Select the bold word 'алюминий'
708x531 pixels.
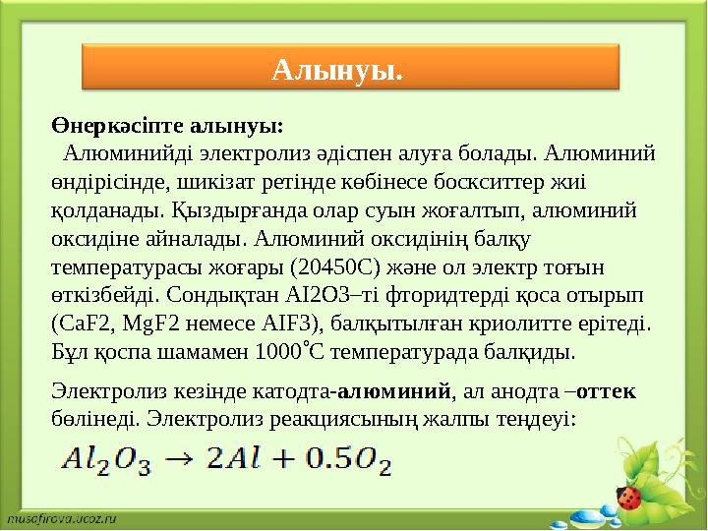394,390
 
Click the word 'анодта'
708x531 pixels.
527,390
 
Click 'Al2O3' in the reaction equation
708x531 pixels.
105,460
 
